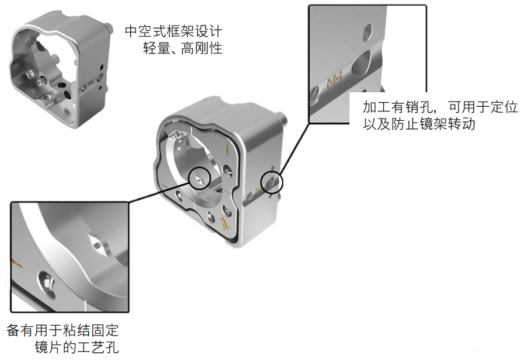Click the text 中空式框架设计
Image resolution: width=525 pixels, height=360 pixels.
pyautogui.click(x=173, y=32)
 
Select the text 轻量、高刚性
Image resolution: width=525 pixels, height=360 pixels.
pyautogui.click(x=183, y=48)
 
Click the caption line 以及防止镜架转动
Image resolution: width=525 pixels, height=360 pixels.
pyautogui.click(x=419, y=124)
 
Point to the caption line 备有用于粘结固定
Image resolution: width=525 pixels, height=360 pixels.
pyautogui.click(x=62, y=330)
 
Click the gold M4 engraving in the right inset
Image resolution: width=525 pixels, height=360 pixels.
pyautogui.click(x=334, y=81)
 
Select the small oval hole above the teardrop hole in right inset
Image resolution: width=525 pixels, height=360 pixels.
pyautogui.click(x=367, y=32)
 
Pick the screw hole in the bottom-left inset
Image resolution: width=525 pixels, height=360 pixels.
pyautogui.click(x=47, y=284)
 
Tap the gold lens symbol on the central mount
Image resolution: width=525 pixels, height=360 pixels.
pyautogui.click(x=225, y=223)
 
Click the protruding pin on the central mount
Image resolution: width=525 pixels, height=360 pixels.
pyautogui.click(x=282, y=117)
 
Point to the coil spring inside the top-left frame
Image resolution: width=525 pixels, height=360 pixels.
pyautogui.click(x=42, y=81)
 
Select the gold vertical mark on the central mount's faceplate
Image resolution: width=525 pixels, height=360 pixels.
pyautogui.click(x=228, y=151)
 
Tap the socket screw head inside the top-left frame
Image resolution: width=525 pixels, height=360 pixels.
pyautogui.click(x=31, y=72)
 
